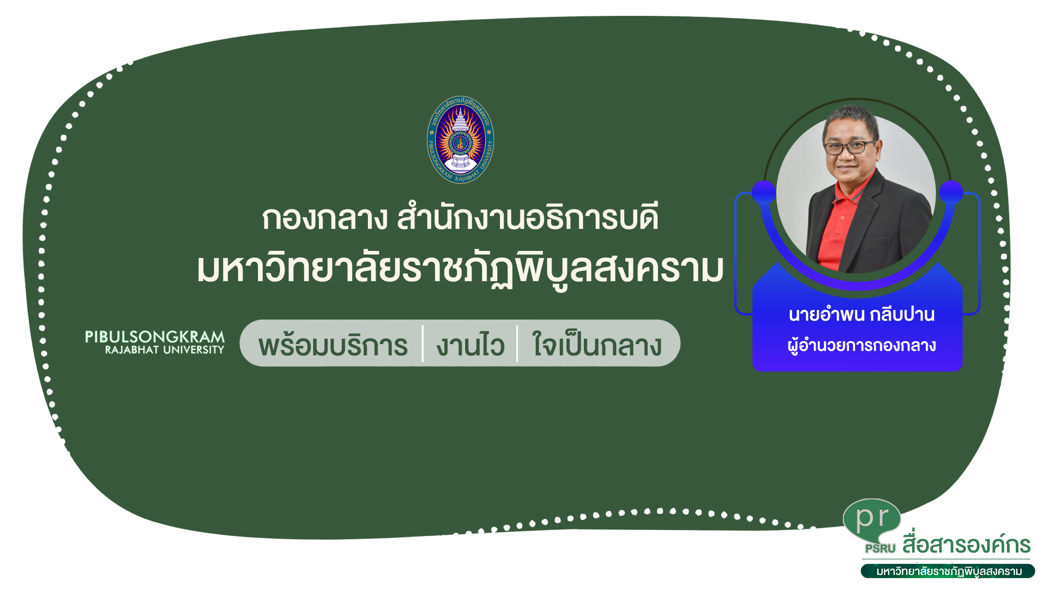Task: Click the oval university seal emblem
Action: click(x=461, y=140)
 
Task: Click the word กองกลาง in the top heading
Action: click(x=325, y=218)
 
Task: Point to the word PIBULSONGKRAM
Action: click(x=155, y=337)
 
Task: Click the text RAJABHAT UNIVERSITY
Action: click(x=165, y=350)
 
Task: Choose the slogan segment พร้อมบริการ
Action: click(x=333, y=344)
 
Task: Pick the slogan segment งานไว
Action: click(x=470, y=344)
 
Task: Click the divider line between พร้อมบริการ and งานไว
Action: click(x=423, y=344)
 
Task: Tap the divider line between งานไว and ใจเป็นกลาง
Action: click(x=517, y=344)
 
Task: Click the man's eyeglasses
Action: click(x=849, y=147)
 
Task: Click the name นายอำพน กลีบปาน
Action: click(x=862, y=314)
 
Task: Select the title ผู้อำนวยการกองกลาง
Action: click(x=862, y=345)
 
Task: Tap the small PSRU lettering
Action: click(x=880, y=548)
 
